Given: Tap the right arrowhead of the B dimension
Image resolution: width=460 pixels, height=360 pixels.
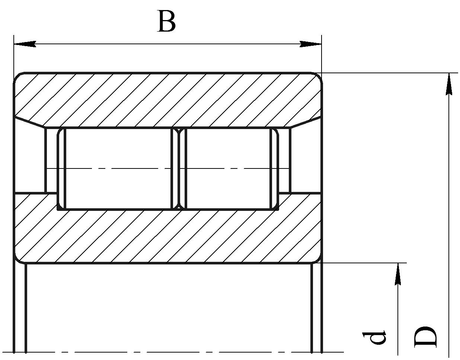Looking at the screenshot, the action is tap(310, 44).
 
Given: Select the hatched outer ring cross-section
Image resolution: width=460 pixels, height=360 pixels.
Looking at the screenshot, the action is tap(167, 99).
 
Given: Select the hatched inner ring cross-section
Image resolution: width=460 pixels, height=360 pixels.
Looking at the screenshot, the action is tap(167, 235).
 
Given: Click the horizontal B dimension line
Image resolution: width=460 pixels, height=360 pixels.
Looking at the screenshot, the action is tap(167, 44).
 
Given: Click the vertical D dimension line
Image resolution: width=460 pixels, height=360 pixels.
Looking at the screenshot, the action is tap(449, 216).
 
